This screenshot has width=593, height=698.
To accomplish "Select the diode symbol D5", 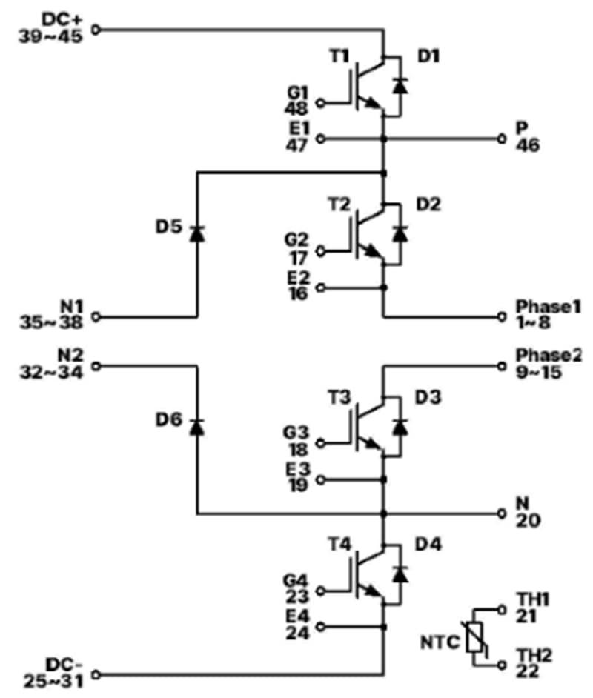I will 197,233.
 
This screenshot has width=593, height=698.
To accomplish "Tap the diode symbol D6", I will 197,427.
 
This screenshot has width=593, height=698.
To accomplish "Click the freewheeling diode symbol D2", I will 400,233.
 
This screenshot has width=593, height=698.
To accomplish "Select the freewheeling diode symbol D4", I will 400,574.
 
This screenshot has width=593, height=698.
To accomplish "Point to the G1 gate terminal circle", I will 320,103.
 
